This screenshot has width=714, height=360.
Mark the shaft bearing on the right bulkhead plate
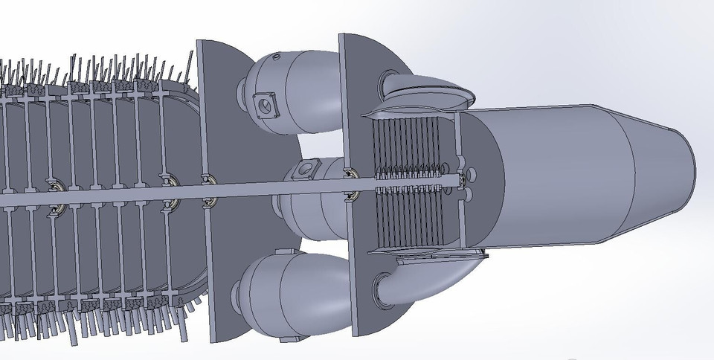coord(350,196)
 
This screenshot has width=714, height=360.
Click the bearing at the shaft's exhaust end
coord(467,179)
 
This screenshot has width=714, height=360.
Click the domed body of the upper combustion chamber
coord(297,82)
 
